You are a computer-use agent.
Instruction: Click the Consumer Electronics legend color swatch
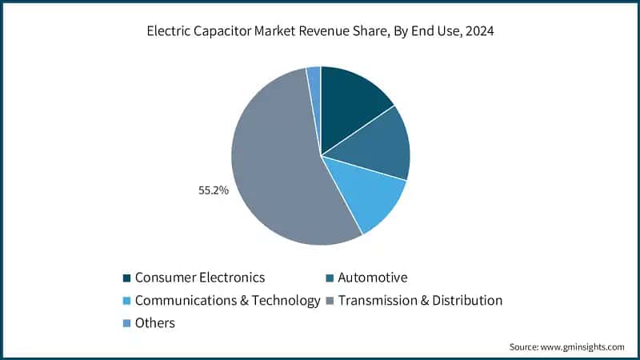126,278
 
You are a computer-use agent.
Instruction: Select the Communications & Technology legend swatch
126,301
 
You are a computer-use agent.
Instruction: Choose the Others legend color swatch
126,323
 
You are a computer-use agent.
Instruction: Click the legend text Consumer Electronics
199,278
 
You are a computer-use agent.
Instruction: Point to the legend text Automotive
373,278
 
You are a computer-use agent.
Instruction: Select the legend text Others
155,323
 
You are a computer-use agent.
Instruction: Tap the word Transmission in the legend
377,301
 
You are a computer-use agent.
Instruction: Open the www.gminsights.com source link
582,346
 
